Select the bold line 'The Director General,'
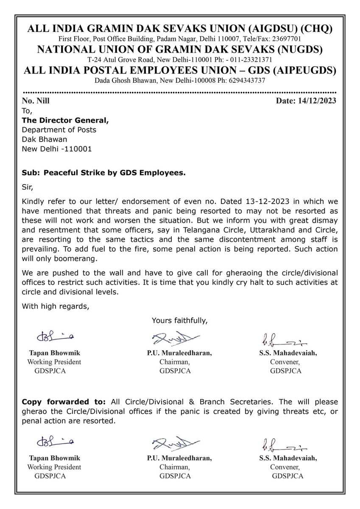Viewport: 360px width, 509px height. click(65, 120)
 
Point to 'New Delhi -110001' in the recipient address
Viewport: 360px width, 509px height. click(56, 149)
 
